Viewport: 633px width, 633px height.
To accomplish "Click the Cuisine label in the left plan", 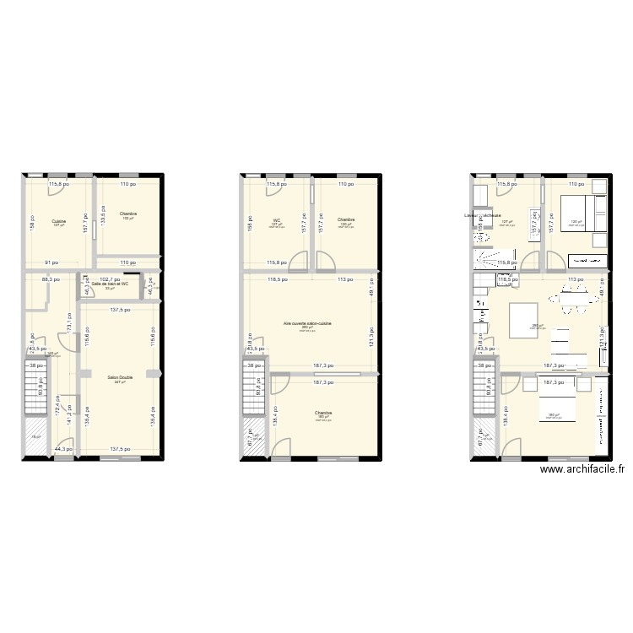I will coord(59,221).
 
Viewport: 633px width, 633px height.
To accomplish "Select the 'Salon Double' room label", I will coord(120,377).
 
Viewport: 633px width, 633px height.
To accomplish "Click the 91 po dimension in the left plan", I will coord(52,262).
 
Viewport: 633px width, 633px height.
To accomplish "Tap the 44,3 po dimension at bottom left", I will coord(61,449).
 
